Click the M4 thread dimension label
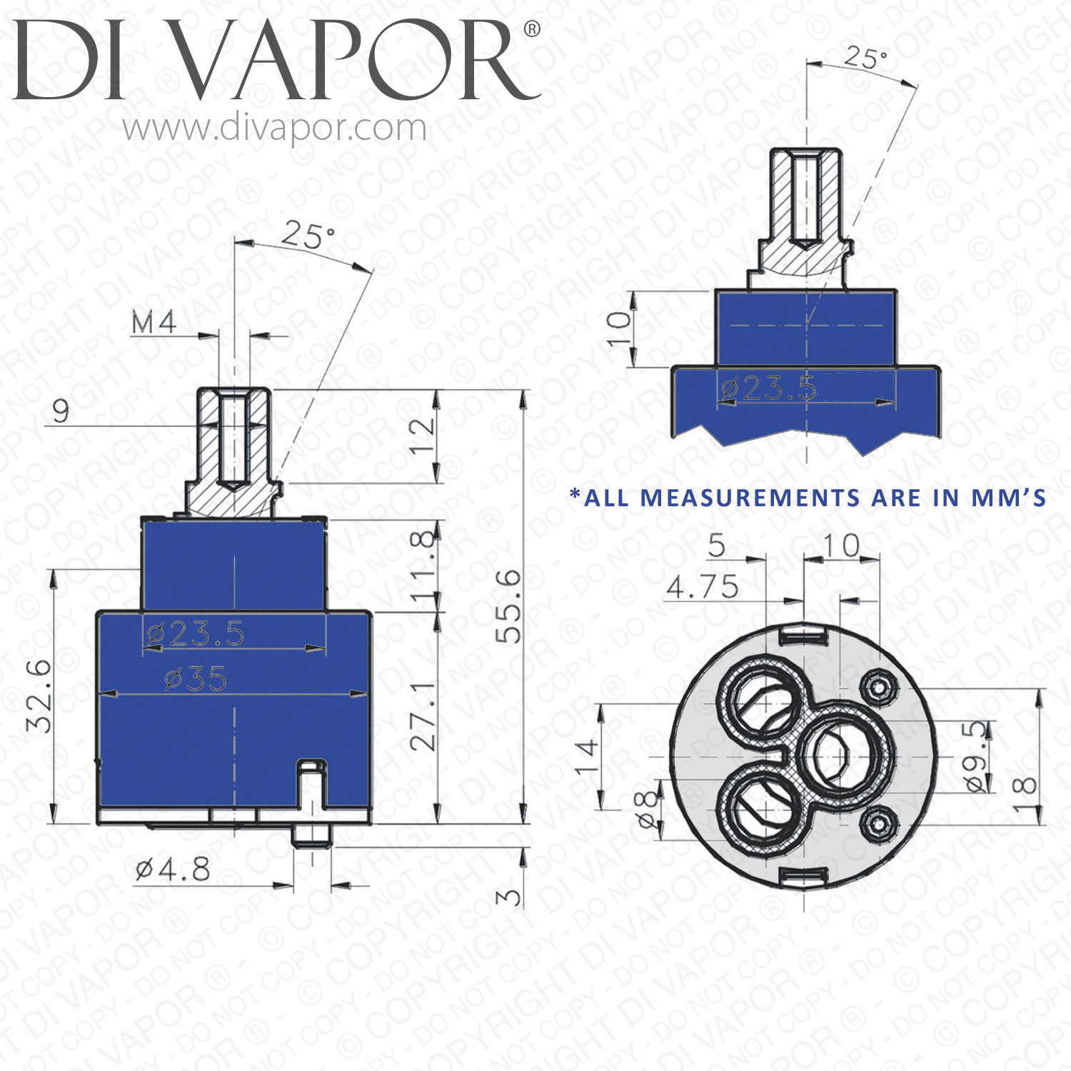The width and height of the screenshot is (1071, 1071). [x=154, y=323]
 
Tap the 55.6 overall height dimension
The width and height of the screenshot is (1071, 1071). [x=509, y=607]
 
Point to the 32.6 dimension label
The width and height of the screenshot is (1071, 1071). [x=40, y=696]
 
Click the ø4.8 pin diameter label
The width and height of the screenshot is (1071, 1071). [x=174, y=870]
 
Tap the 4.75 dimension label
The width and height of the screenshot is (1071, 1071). [x=703, y=588]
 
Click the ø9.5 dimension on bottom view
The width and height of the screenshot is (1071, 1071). [x=978, y=757]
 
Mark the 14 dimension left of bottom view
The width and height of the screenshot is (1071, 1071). [x=586, y=757]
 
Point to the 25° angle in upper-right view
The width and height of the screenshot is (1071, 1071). [x=865, y=57]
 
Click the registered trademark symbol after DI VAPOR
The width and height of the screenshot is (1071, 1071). [x=532, y=29]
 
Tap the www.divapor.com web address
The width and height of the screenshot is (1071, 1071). [x=274, y=129]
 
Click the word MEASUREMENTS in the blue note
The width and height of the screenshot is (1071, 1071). [x=750, y=498]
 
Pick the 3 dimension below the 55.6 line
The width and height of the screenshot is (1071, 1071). [x=509, y=895]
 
